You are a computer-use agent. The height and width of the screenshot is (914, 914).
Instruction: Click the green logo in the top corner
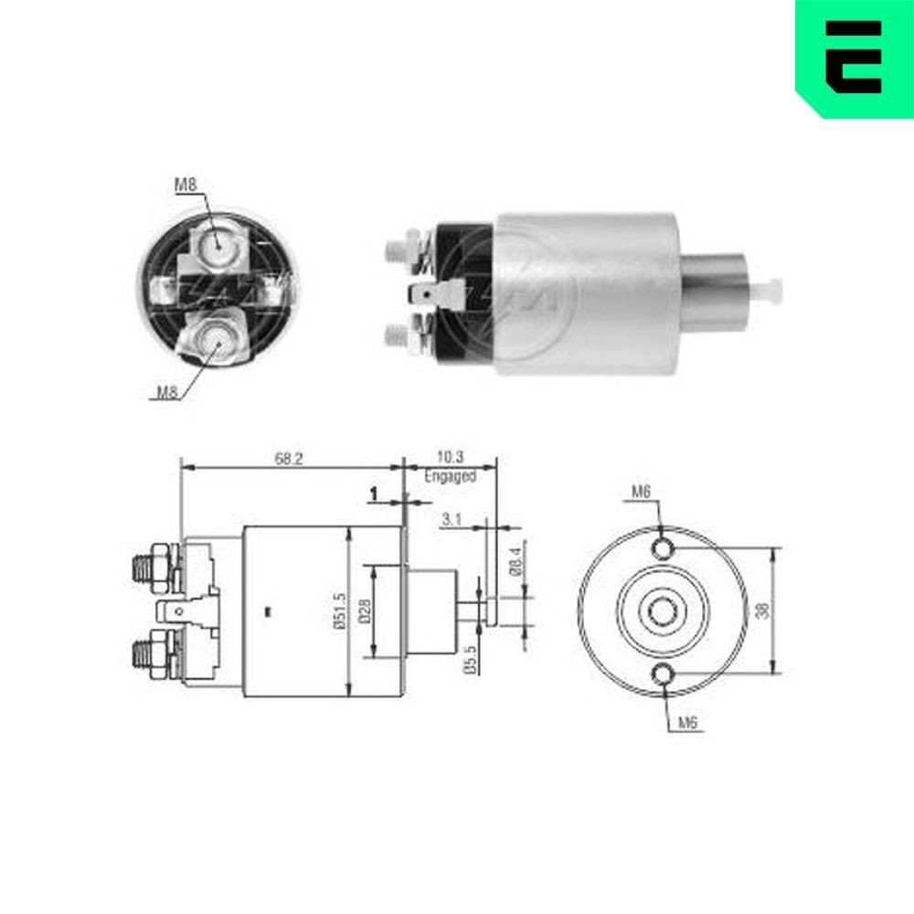(x=854, y=57)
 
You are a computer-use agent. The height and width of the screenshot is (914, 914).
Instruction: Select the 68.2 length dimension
(x=288, y=459)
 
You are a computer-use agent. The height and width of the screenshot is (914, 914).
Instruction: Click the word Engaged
(x=451, y=476)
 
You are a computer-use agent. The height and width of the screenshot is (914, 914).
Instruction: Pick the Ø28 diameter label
(x=364, y=611)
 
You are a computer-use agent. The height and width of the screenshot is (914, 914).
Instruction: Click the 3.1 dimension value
(x=451, y=519)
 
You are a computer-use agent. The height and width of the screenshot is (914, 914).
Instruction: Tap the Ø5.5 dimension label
(x=469, y=660)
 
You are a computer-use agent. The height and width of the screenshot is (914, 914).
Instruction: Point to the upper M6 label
(x=640, y=493)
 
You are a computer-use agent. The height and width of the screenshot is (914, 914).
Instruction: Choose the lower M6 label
(x=688, y=723)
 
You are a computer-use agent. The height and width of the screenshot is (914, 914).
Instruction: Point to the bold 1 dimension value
(x=374, y=494)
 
